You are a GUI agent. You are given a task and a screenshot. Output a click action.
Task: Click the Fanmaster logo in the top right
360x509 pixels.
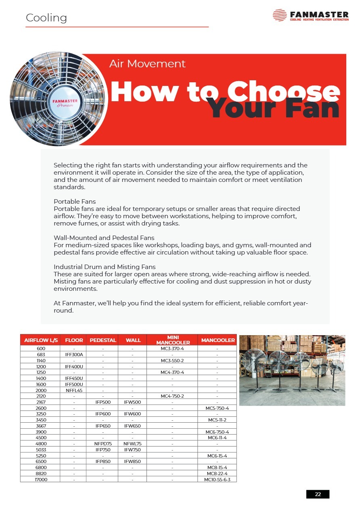[310, 15]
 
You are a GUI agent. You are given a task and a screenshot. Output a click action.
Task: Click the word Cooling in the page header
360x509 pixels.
[46, 18]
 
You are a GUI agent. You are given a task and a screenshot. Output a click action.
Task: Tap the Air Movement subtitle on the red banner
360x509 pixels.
[147, 64]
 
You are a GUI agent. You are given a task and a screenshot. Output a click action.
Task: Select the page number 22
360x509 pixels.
[318, 494]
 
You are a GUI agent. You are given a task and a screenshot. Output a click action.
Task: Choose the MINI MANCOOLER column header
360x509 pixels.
[173, 340]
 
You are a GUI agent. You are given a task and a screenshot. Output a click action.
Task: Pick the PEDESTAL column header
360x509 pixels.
[103, 340]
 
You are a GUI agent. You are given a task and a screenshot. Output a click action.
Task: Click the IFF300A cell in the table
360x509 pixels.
[74, 355]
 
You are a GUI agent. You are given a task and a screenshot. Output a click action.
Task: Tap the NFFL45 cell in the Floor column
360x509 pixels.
[74, 390]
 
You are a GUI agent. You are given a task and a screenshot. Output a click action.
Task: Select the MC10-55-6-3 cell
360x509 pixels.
[218, 479]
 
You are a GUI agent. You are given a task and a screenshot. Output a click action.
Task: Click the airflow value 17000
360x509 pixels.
[41, 479]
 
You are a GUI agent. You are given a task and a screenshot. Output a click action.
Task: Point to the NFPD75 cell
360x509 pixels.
[103, 444]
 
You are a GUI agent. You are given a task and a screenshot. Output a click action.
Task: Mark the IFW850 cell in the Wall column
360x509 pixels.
[132, 461]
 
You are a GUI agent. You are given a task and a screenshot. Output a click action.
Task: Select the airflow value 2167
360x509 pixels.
[41, 402]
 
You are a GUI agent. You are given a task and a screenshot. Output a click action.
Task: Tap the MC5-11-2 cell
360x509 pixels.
[218, 420]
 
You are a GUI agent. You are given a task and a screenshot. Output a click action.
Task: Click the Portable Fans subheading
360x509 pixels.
[75, 201]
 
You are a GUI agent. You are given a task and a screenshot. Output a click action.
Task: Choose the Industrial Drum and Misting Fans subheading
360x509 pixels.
[105, 267]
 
